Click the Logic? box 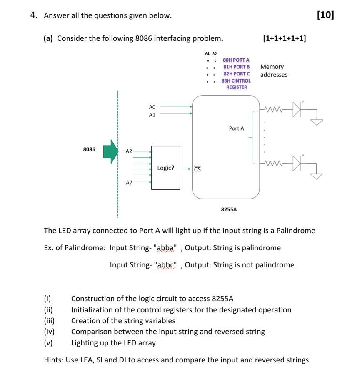pyautogui.click(x=166, y=168)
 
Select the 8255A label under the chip pyautogui.click(x=229, y=209)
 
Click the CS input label pyautogui.click(x=197, y=169)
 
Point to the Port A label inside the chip pyautogui.click(x=236, y=128)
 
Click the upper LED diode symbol pyautogui.click(x=297, y=109)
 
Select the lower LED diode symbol pyautogui.click(x=297, y=163)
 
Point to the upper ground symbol pyautogui.click(x=317, y=121)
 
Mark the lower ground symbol pyautogui.click(x=317, y=175)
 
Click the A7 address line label pyautogui.click(x=129, y=182)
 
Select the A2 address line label pyautogui.click(x=129, y=151)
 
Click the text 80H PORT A pyautogui.click(x=236, y=60)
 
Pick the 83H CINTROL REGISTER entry pyautogui.click(x=236, y=84)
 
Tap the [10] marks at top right pyautogui.click(x=325, y=15)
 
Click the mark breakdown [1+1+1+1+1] pyautogui.click(x=285, y=38)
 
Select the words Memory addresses pyautogui.click(x=273, y=70)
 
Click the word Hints pyautogui.click(x=53, y=360)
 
